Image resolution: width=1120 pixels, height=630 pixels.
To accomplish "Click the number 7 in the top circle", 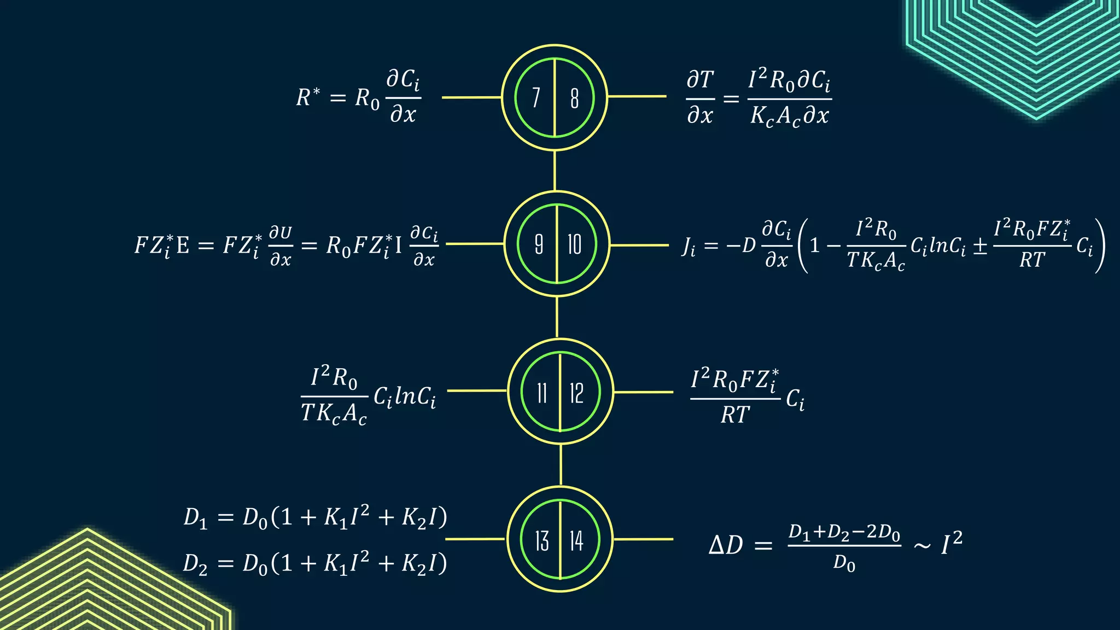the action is pos(536,98).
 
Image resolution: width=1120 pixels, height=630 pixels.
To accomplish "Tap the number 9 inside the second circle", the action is pos(539,244).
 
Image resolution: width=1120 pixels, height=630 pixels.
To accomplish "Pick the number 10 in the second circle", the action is pos(574,244).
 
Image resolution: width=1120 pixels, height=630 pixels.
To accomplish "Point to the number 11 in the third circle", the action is pos(541,393).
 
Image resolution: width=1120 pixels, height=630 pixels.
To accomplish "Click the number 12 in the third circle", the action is pos(576,393).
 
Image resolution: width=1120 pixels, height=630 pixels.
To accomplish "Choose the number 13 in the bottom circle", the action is pos(541,541).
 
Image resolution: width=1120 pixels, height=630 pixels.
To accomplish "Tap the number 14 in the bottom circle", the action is pos(576,541).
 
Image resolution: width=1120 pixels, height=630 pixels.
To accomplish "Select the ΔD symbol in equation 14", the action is pos(726,545).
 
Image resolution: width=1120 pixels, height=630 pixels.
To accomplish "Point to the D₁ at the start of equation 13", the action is pos(195,518).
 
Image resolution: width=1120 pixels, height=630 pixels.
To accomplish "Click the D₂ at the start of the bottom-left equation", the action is pos(195,564).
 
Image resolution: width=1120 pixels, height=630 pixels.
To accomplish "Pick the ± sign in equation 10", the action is pos(980,246).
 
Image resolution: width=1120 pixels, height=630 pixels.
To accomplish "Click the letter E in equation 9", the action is pos(183,245).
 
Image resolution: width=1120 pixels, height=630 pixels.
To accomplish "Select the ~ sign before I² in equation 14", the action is pos(922,546).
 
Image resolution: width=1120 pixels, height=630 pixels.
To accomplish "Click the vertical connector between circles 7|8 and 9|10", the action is pos(555,171).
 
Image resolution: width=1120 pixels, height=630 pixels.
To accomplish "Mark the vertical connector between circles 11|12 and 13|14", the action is pos(561,465).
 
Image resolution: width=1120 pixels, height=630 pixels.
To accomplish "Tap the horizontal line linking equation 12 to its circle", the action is pos(643,392).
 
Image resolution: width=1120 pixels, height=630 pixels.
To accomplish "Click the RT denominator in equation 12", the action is pos(735,415).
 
